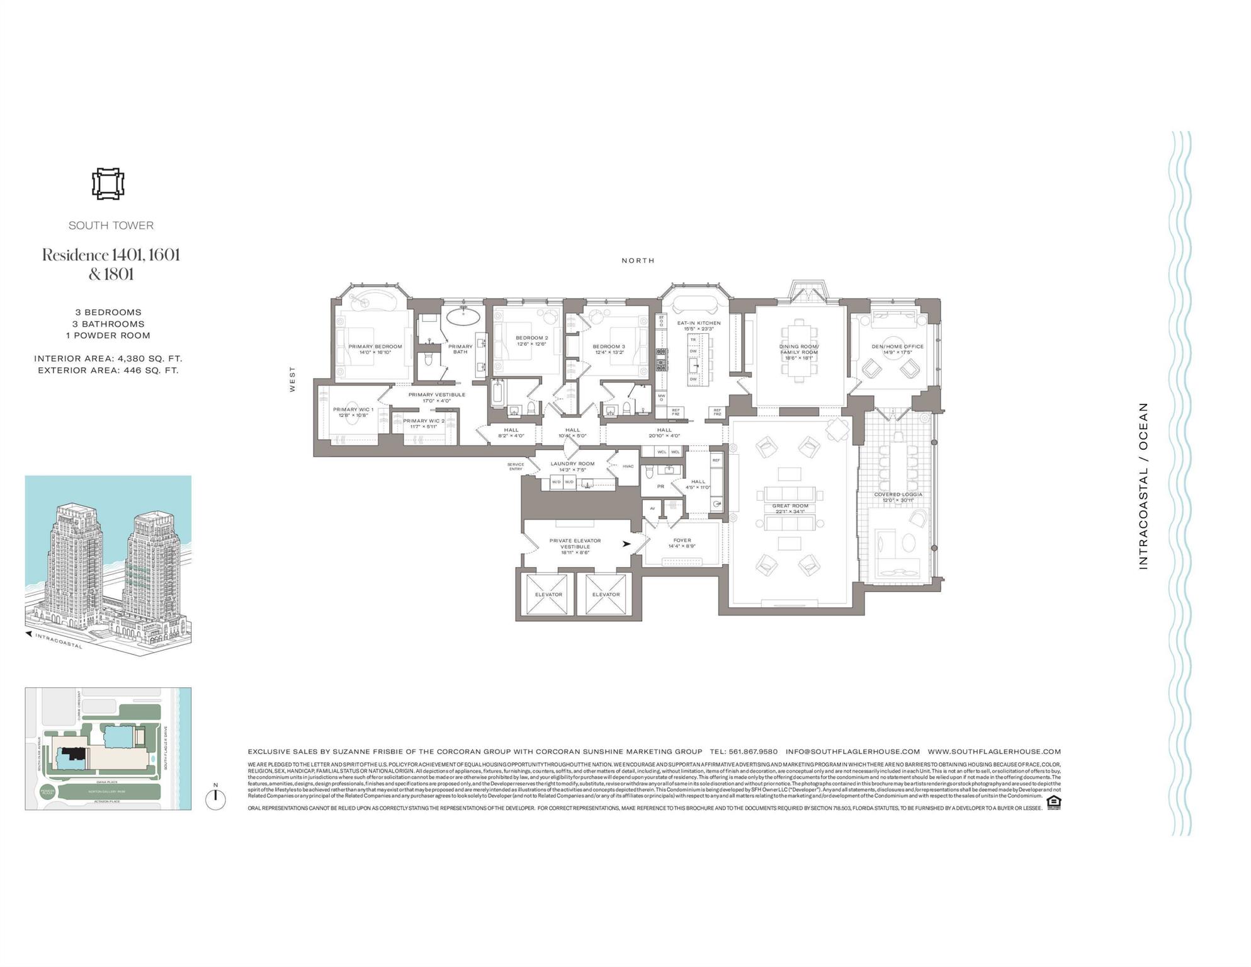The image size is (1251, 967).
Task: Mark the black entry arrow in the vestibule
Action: (626, 544)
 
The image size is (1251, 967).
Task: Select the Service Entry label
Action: (516, 467)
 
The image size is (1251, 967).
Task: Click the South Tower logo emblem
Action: (108, 184)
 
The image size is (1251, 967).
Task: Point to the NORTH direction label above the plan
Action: (638, 260)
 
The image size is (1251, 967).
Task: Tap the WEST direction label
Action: (292, 379)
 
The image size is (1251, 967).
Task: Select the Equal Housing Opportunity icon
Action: (1053, 802)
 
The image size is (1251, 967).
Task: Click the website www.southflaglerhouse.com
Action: (994, 752)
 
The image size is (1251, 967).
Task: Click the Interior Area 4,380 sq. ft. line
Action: (108, 358)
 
